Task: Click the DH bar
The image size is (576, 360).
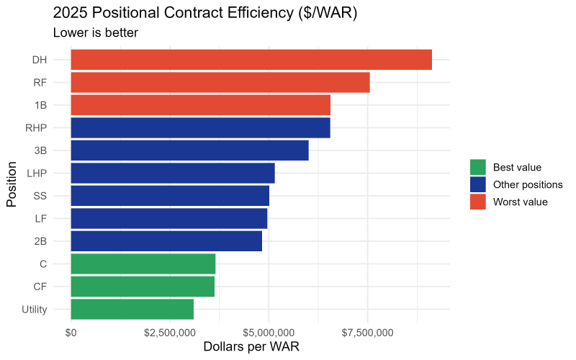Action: click(251, 60)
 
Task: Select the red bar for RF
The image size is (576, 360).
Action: click(220, 82)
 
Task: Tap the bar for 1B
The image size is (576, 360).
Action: click(200, 105)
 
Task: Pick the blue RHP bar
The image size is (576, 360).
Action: click(200, 127)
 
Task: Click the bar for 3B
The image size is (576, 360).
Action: click(189, 150)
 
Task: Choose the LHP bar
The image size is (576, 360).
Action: click(173, 173)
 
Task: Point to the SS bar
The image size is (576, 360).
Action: click(170, 196)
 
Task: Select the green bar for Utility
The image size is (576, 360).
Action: click(132, 309)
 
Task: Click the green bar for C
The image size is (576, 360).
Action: click(143, 264)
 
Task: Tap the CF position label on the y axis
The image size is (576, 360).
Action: click(40, 287)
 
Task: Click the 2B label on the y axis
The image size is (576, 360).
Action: click(40, 241)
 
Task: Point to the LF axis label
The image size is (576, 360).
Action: click(40, 218)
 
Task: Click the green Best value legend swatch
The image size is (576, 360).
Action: click(478, 167)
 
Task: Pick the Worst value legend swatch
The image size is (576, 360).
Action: click(478, 202)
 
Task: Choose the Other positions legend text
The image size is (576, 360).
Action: click(528, 184)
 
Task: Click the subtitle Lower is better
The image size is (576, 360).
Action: click(96, 32)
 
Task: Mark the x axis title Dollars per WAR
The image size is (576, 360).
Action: click(251, 346)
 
